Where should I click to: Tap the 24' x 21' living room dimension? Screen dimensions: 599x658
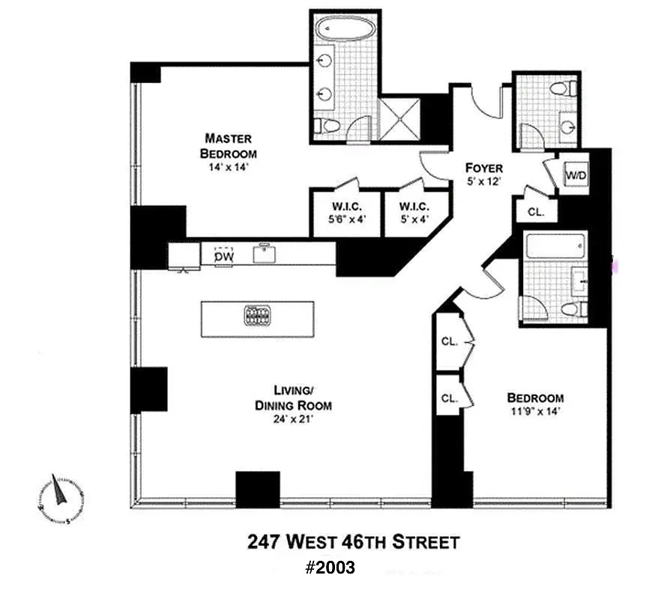point(292,419)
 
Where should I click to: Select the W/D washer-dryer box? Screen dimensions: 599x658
point(575,175)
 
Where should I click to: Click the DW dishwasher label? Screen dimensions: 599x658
point(224,257)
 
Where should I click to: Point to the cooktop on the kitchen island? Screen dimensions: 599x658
point(256,316)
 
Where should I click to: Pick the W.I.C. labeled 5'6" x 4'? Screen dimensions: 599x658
point(346,213)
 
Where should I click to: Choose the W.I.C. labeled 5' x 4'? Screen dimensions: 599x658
point(414,213)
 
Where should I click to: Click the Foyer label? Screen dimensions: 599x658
point(483,168)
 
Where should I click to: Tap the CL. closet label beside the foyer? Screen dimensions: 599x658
point(535,212)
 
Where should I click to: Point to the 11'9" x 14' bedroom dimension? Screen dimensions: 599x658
point(534,411)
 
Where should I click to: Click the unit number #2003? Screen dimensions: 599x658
point(330,568)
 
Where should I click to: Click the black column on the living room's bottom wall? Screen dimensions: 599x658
point(257,490)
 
